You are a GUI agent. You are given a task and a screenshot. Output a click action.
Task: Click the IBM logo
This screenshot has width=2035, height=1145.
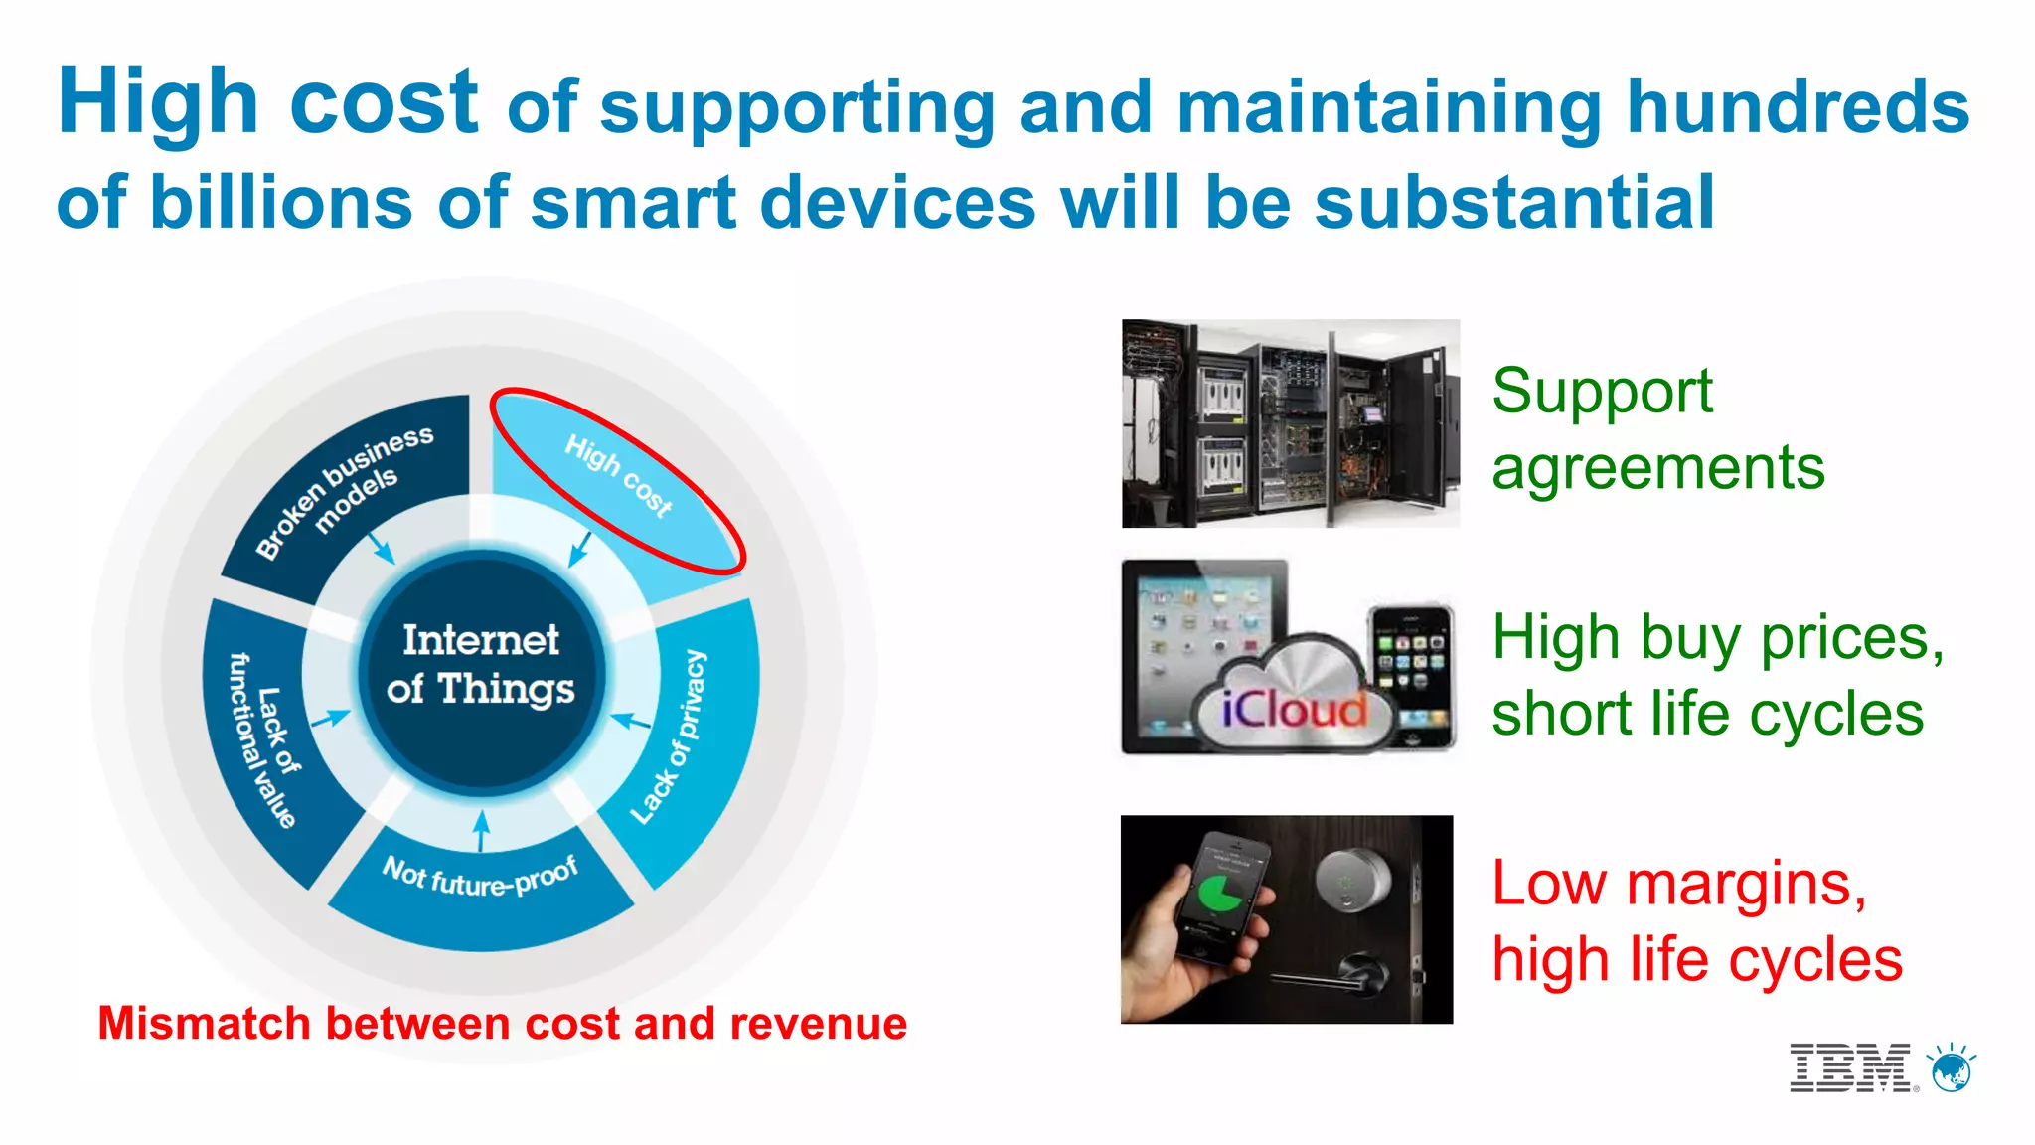[1849, 1068]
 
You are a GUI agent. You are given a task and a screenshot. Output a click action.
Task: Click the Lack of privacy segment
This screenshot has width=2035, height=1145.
[686, 736]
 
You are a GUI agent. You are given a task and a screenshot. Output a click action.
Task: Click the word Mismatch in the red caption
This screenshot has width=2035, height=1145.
[204, 1024]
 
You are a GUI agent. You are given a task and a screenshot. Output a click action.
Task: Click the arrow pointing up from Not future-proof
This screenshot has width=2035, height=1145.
[482, 830]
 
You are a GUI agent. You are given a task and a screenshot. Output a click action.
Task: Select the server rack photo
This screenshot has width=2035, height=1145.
[1290, 423]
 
